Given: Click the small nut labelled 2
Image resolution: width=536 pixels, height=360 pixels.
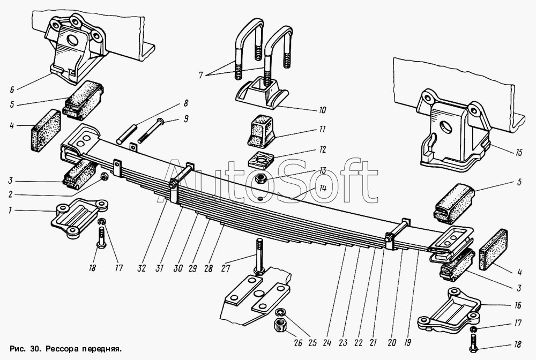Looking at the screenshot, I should click(x=105, y=176).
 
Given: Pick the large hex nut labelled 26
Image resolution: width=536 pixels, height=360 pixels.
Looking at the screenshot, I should click(x=280, y=324).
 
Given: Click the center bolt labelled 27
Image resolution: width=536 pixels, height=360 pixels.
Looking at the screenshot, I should click(x=259, y=257).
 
